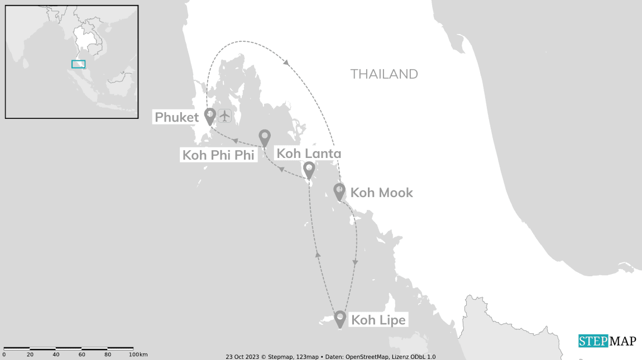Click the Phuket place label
(x=176, y=117)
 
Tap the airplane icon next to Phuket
(x=224, y=116)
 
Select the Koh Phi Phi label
(x=218, y=155)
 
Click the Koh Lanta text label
(x=309, y=153)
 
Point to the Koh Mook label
(x=381, y=193)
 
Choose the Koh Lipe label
(x=377, y=320)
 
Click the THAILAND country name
(x=384, y=74)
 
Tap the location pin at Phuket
(x=210, y=116)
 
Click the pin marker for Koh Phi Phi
(x=265, y=137)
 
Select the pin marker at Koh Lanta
(x=309, y=169)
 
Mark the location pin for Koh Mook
(x=339, y=191)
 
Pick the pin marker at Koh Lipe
(x=340, y=319)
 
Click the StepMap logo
(x=607, y=341)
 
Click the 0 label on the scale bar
(x=4, y=354)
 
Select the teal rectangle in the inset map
(x=78, y=64)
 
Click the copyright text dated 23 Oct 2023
(x=330, y=356)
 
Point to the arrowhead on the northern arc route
(x=286, y=63)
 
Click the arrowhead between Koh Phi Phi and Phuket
(x=236, y=141)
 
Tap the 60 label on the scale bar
(x=82, y=354)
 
